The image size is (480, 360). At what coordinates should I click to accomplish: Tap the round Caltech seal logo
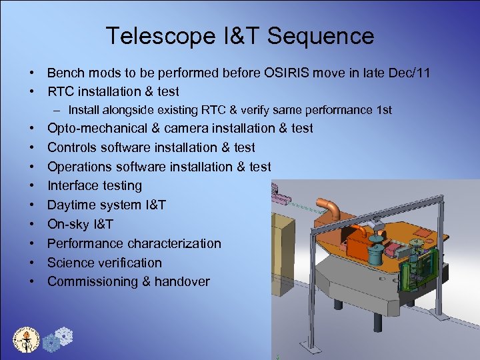pos(27,339)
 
